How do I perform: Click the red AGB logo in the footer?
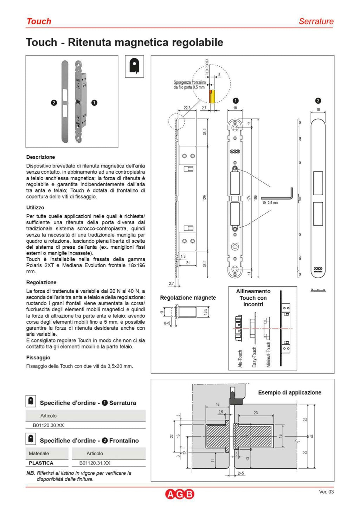180,494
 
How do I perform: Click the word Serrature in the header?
316,21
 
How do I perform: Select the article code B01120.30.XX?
48,425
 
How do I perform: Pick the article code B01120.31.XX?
95,463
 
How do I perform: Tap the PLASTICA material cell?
41,463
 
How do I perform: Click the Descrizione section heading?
40,157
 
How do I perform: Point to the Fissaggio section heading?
38,358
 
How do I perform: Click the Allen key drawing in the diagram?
278,195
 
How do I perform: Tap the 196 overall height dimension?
256,198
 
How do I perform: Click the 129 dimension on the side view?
205,198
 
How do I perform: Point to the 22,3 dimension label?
187,108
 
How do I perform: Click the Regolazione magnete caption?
188,298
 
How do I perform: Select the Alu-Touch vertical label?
240,358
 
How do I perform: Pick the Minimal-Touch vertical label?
269,355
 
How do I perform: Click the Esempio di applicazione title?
289,392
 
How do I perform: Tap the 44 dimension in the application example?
311,436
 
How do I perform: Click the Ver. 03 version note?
326,491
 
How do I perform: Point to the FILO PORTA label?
207,67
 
